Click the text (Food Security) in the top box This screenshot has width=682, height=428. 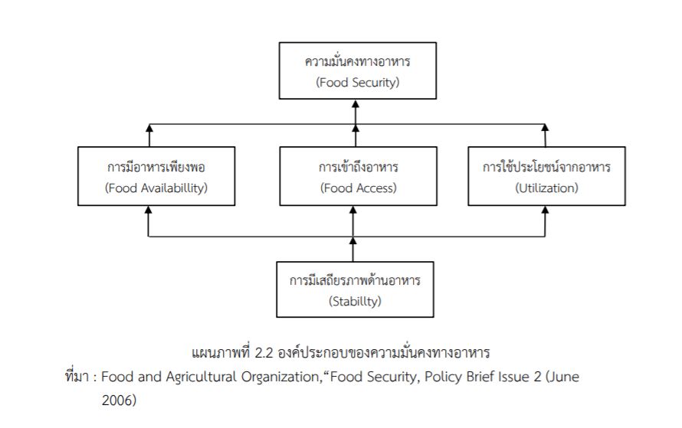pyautogui.click(x=357, y=82)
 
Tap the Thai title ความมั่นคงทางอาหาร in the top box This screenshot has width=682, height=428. pyautogui.click(x=357, y=61)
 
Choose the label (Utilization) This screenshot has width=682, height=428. pyautogui.click(x=547, y=188)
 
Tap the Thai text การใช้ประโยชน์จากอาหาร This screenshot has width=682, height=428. pyautogui.click(x=547, y=167)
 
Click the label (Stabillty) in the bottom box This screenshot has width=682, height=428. pyautogui.click(x=355, y=301)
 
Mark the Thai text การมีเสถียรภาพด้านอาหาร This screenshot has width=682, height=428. pyautogui.click(x=355, y=280)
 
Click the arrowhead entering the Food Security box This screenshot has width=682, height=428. pyautogui.click(x=356, y=105)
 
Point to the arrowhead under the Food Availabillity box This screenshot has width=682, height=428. pyautogui.click(x=149, y=211)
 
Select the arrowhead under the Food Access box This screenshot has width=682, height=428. pyautogui.click(x=352, y=211)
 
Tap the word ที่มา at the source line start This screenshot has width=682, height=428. pyautogui.click(x=77, y=377)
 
